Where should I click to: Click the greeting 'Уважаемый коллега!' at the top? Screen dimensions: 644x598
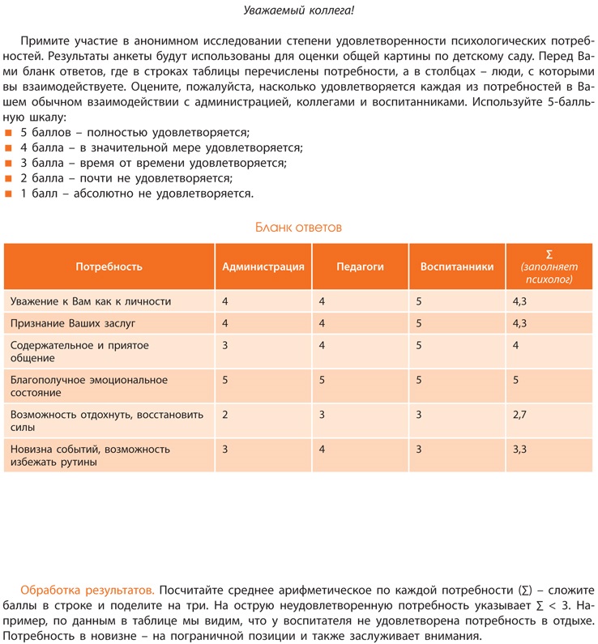point(299,10)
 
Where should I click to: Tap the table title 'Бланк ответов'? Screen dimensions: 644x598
point(298,227)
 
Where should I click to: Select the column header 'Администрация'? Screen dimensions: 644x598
point(263,267)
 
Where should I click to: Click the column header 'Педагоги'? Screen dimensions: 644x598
point(360,267)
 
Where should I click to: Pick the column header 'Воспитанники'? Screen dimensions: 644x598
point(457,267)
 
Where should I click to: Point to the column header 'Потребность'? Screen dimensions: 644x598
point(109,267)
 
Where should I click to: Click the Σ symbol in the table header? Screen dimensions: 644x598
point(549,254)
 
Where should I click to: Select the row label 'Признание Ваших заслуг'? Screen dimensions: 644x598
point(73,323)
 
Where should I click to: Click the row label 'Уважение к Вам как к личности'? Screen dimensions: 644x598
point(91,301)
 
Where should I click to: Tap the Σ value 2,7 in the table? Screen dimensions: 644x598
point(520,415)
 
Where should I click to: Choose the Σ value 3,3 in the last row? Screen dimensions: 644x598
point(520,448)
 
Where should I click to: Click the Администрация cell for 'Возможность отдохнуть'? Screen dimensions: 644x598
point(225,415)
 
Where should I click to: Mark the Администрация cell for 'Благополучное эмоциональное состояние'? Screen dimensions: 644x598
point(225,379)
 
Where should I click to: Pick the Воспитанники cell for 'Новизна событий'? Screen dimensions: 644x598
point(419,448)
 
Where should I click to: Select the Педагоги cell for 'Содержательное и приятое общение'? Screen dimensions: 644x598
point(322,345)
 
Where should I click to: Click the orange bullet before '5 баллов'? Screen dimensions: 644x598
point(8,132)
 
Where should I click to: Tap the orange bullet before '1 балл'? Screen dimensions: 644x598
point(8,194)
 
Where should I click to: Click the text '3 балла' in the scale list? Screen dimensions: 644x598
point(42,163)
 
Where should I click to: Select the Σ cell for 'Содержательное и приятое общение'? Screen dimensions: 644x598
point(516,345)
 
